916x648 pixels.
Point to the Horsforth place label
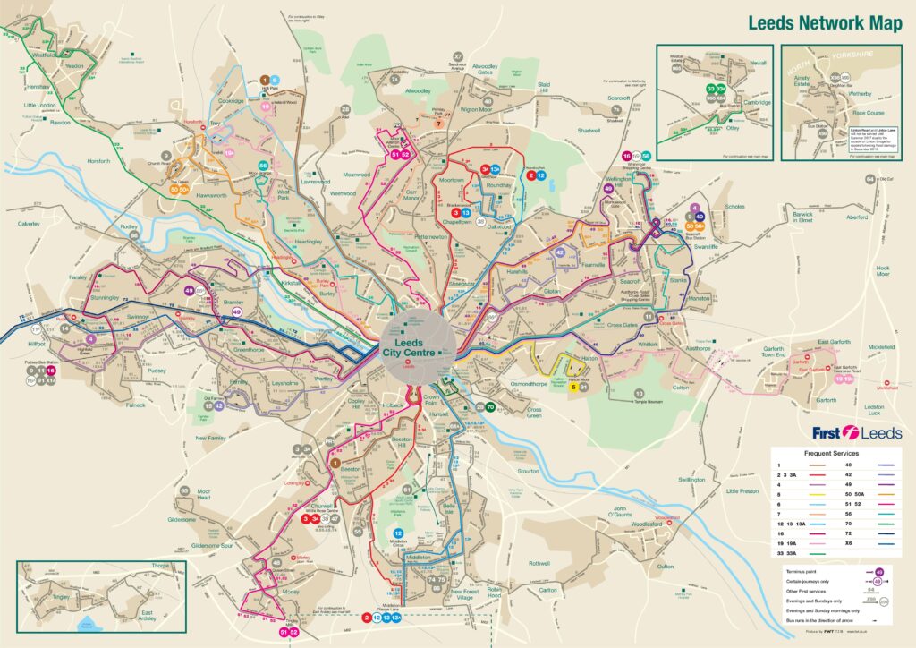pyautogui.click(x=99, y=161)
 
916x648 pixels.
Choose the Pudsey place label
pyautogui.click(x=157, y=371)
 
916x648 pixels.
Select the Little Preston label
pyautogui.click(x=742, y=491)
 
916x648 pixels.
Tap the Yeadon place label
pyautogui.click(x=74, y=65)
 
